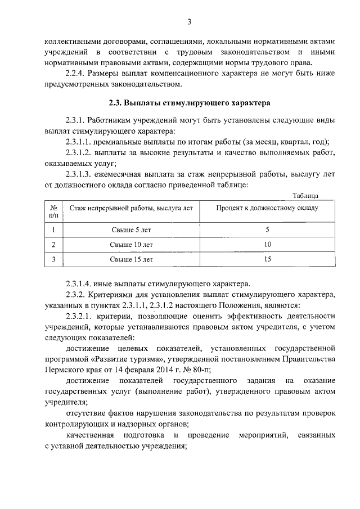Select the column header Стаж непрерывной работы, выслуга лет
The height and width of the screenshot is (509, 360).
[x=131, y=208]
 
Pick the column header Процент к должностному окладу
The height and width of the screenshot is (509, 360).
[x=267, y=208]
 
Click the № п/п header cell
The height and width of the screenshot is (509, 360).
[x=54, y=211]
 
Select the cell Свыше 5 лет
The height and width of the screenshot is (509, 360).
[x=131, y=229]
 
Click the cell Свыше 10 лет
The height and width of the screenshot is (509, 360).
[x=131, y=245]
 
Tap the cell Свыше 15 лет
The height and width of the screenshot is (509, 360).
[x=131, y=259]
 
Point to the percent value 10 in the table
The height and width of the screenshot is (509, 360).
[x=267, y=245]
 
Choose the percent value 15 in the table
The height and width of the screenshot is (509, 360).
[x=267, y=259]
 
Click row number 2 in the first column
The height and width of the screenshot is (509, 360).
[x=53, y=245]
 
